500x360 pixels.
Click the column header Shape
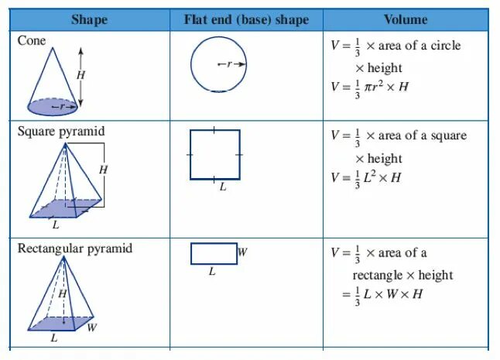89,19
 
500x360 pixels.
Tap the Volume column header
406,19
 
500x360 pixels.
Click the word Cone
32,40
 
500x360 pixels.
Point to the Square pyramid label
61,131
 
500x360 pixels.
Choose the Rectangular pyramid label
75,249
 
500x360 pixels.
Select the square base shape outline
215,155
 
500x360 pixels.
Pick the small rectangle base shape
214,253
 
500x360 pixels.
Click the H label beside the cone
80,75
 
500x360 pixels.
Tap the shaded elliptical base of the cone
52,105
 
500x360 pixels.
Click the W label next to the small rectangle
242,252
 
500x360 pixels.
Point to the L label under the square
223,187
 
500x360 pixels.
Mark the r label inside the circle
230,64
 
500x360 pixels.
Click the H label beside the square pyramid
103,169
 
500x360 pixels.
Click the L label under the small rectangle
212,273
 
